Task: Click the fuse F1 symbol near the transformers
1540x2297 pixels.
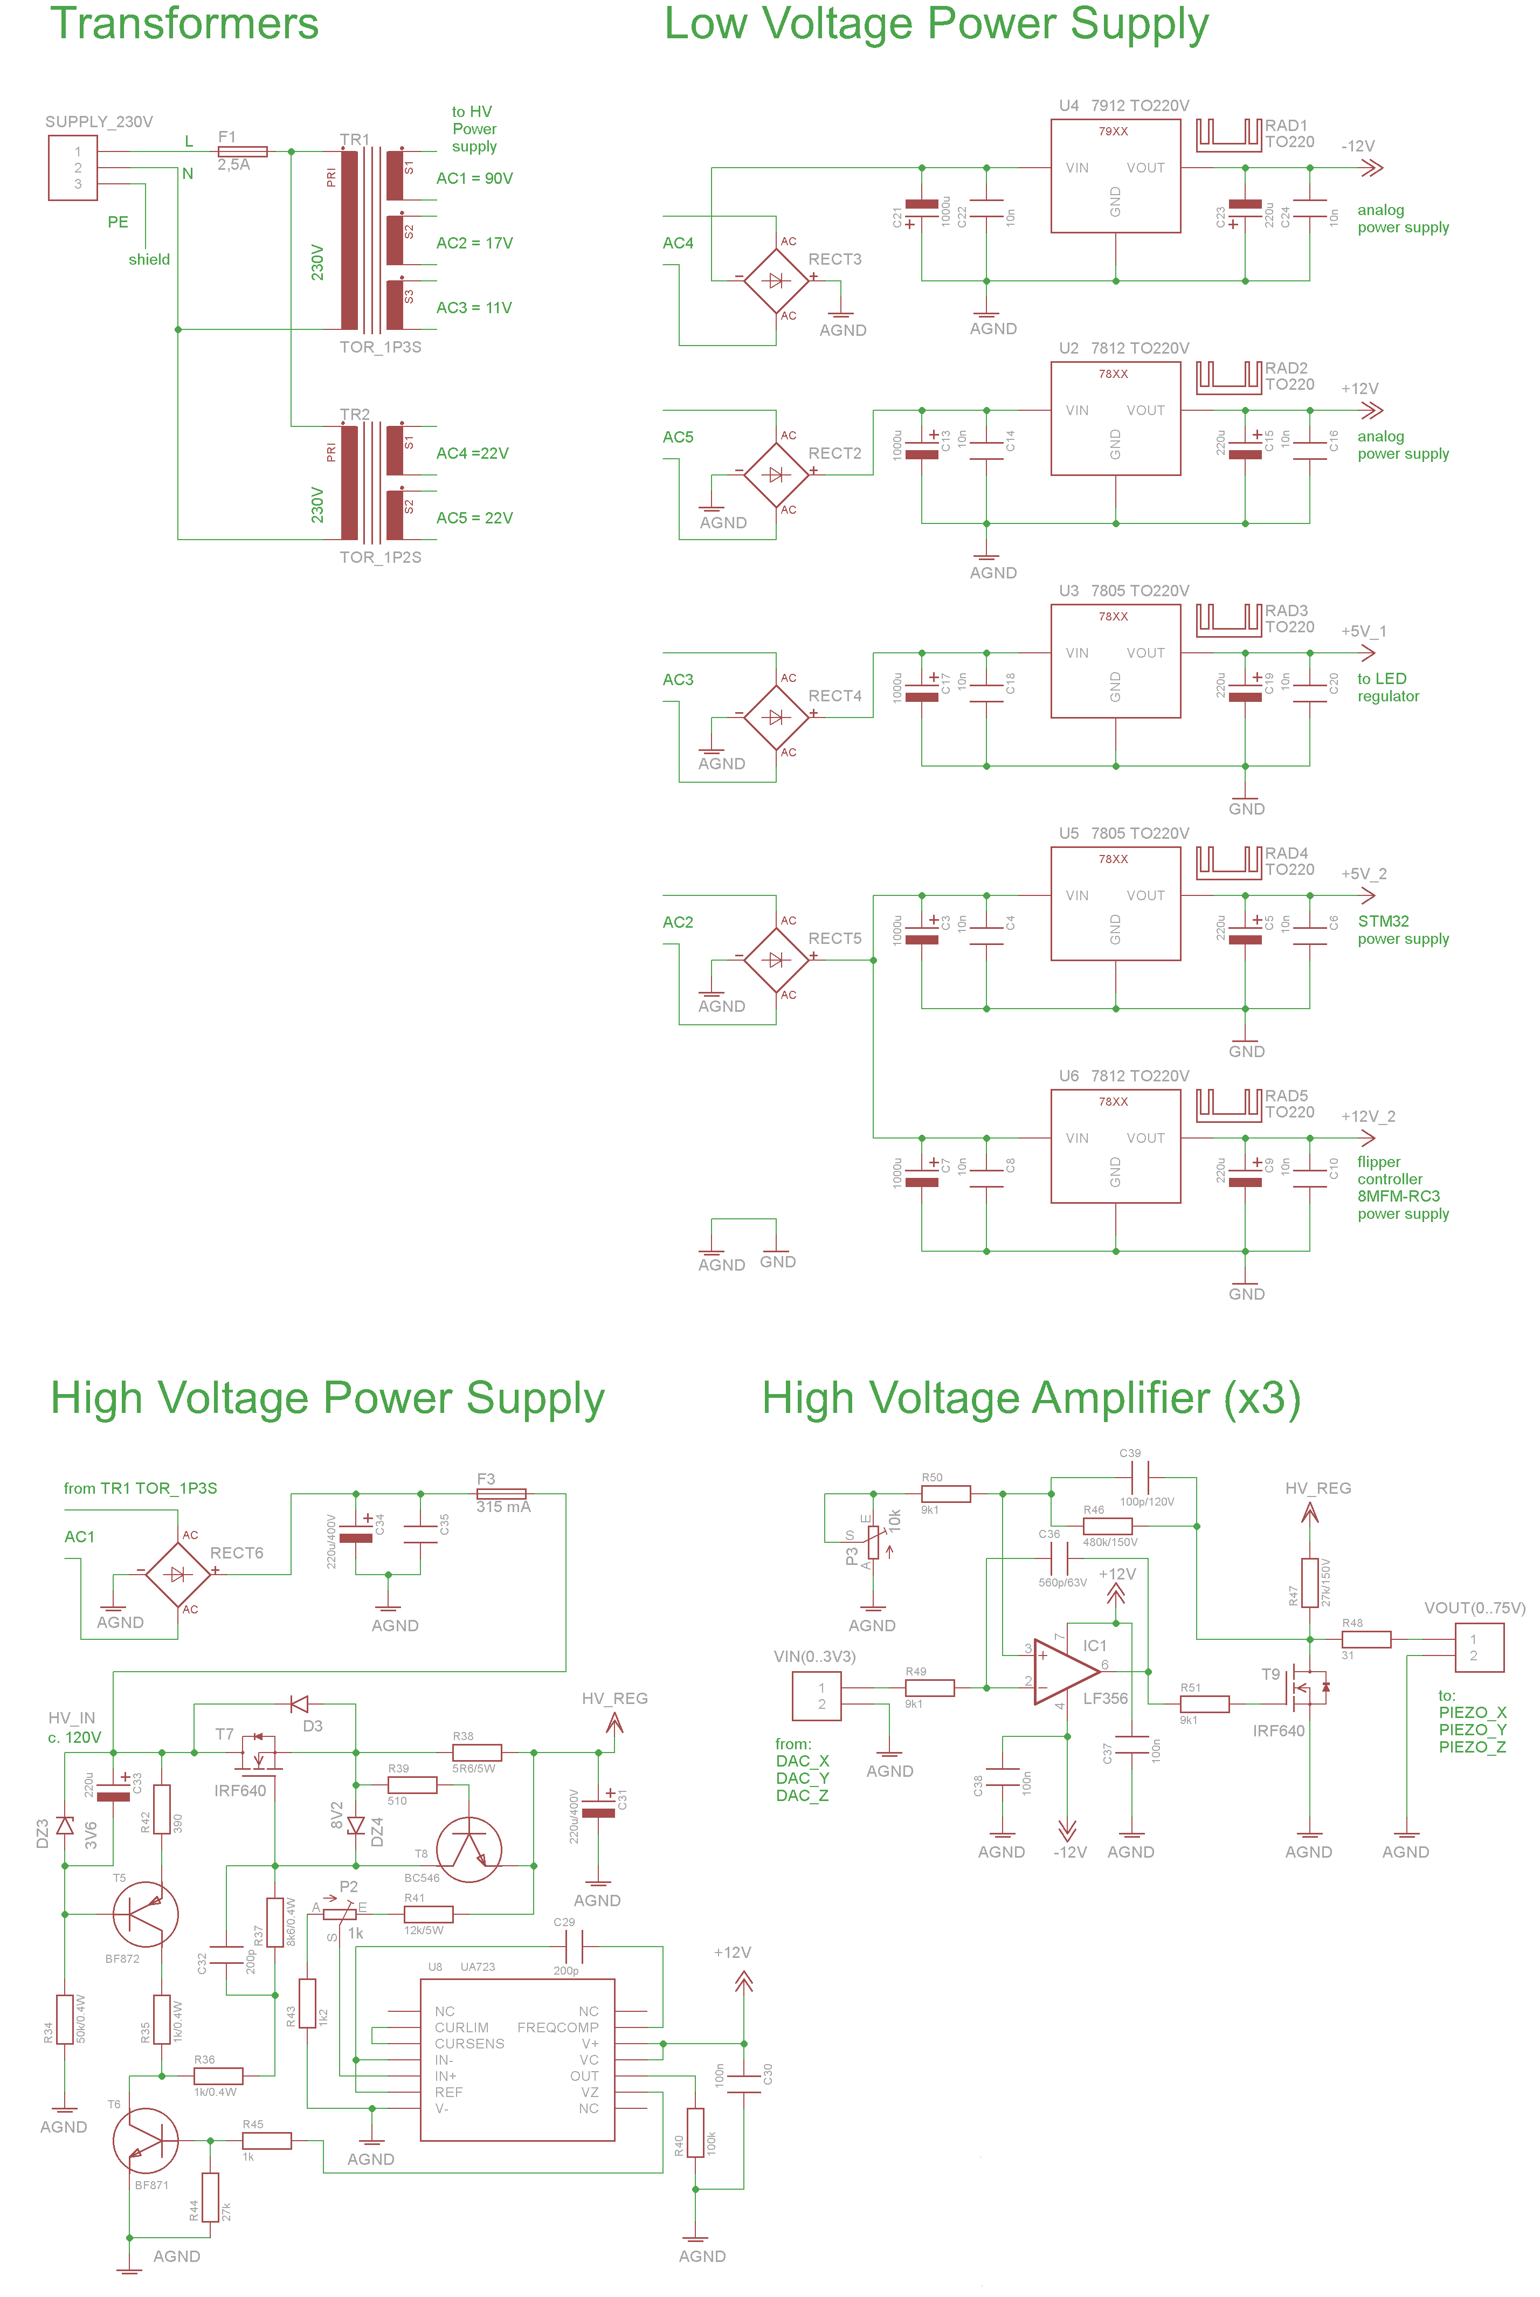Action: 241,151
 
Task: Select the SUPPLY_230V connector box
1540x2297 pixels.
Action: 73,168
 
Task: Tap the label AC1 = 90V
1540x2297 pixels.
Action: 474,179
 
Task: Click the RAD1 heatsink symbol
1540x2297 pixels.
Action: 1228,135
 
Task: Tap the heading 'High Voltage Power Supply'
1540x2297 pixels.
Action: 327,1398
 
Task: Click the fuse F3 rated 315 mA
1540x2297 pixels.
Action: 501,1494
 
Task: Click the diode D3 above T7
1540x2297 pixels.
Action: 300,1704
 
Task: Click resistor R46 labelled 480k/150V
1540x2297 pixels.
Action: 1107,1526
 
